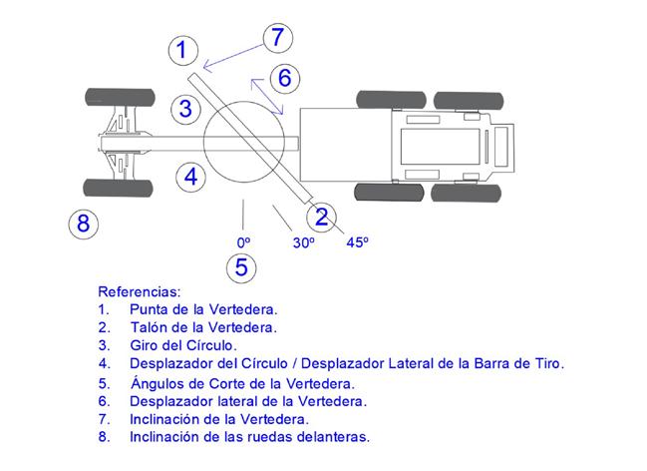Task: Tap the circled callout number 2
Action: tap(322, 217)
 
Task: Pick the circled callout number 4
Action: tap(190, 177)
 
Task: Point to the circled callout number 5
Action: tap(241, 267)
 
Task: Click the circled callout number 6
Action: tap(284, 77)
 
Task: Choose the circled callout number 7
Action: tap(278, 38)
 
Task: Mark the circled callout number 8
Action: tap(83, 223)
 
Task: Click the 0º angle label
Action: tap(242, 241)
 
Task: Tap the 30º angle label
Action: tap(303, 242)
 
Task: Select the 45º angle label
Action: tap(357, 241)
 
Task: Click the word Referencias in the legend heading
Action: tap(139, 292)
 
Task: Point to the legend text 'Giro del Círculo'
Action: tap(183, 345)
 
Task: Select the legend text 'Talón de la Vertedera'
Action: tap(202, 327)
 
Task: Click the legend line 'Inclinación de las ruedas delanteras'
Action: tap(249, 437)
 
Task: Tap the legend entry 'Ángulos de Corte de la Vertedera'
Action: tap(241, 382)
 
